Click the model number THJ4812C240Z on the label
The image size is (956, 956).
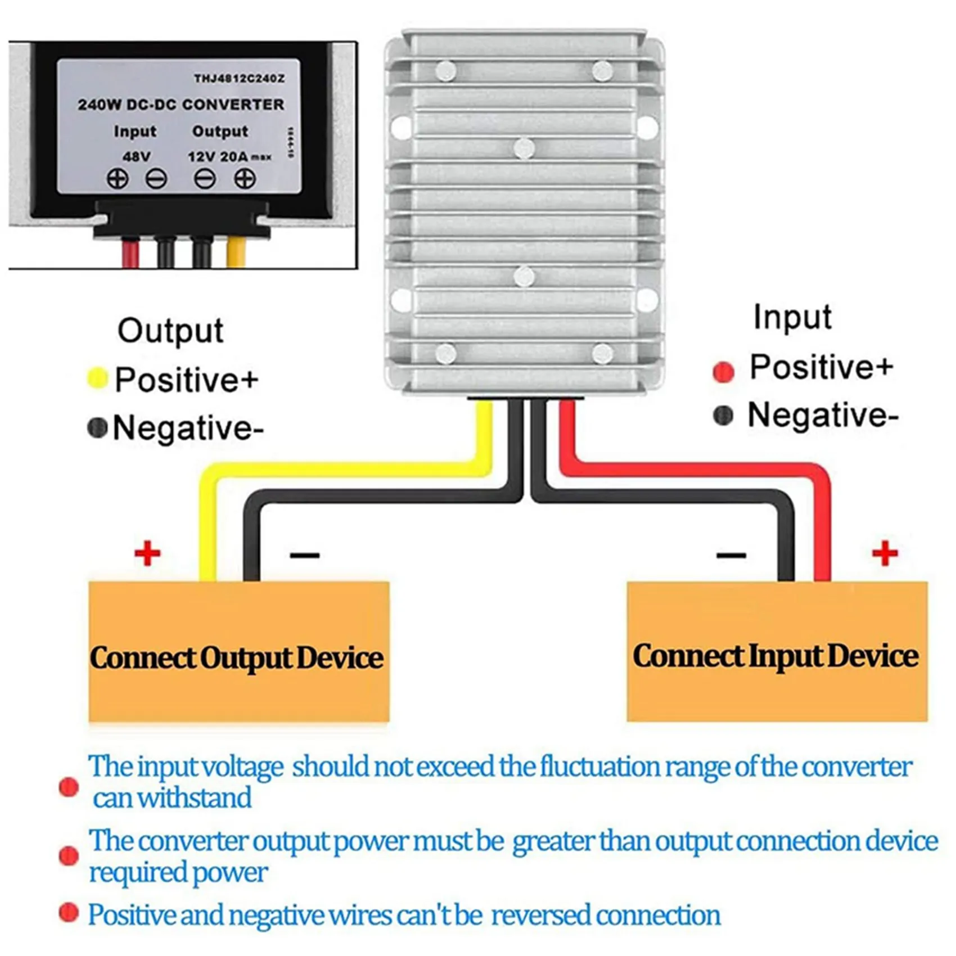[x=239, y=79]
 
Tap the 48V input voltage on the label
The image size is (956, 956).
[x=136, y=156]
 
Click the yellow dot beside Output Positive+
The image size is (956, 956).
[x=97, y=378]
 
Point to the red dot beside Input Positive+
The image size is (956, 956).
[x=723, y=372]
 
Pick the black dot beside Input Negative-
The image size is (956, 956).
[x=723, y=416]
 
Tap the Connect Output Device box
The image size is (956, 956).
[x=238, y=652]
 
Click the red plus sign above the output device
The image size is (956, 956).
[x=147, y=553]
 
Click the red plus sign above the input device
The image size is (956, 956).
[x=885, y=553]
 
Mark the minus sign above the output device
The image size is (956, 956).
[x=304, y=556]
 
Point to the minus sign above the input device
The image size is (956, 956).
[x=731, y=556]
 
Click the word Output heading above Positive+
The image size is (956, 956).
[x=170, y=331]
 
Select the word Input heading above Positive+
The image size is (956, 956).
[x=792, y=317]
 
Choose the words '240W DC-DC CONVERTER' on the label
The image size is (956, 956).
[x=181, y=105]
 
